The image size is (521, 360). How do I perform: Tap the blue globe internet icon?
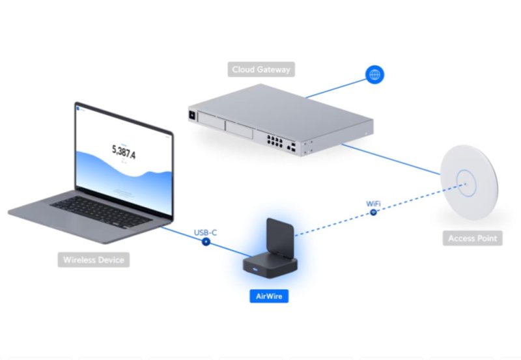click(374, 74)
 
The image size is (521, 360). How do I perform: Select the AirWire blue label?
click(269, 296)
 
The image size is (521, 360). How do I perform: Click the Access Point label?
click(472, 238)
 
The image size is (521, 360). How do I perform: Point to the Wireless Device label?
click(93, 260)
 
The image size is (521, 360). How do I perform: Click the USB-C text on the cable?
click(206, 232)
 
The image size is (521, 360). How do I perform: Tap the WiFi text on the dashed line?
click(373, 204)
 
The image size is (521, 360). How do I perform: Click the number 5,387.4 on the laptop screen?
click(124, 150)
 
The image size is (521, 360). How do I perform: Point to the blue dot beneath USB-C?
click(206, 242)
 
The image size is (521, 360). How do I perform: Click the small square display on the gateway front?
click(193, 115)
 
